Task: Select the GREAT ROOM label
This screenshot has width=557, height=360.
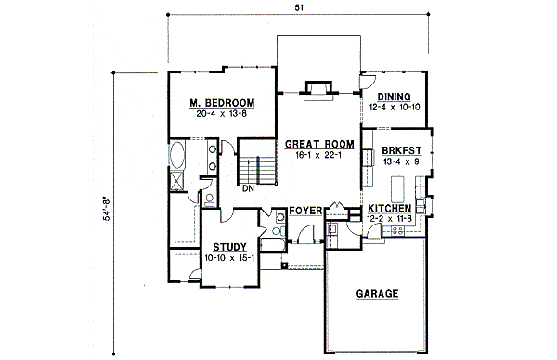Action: point(320,144)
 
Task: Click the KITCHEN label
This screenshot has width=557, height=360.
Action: point(390,208)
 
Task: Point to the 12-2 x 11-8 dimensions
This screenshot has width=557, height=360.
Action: point(390,219)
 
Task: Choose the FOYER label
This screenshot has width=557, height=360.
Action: point(304,212)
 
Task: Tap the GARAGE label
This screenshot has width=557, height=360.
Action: point(377,294)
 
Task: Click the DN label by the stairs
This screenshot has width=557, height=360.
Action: point(248,188)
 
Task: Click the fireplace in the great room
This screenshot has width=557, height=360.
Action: point(317,89)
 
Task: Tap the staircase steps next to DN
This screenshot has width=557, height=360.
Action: point(259,170)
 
